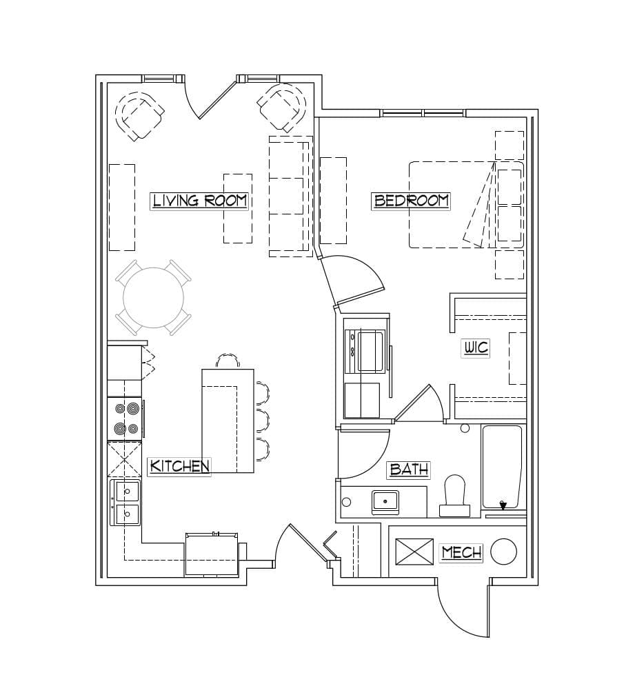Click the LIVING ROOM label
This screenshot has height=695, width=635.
(199, 201)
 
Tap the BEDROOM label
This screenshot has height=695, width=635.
(411, 201)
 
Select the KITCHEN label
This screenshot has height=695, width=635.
(179, 466)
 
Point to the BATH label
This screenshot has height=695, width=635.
(409, 470)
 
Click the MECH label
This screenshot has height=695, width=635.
(461, 552)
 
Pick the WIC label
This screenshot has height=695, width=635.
(475, 347)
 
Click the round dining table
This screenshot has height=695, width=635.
(153, 298)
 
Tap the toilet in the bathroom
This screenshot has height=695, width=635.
(455, 495)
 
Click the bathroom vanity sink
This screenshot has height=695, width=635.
(385, 501)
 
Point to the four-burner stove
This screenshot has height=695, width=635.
(125, 419)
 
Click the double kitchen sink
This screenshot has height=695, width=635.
(126, 502)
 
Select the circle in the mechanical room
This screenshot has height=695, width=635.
(503, 552)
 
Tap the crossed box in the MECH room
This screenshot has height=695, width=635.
(414, 552)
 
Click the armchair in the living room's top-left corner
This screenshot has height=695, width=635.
(139, 114)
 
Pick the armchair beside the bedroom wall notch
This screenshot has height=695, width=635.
(283, 107)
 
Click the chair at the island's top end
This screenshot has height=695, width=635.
(228, 361)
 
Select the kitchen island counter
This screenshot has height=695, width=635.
(228, 421)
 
